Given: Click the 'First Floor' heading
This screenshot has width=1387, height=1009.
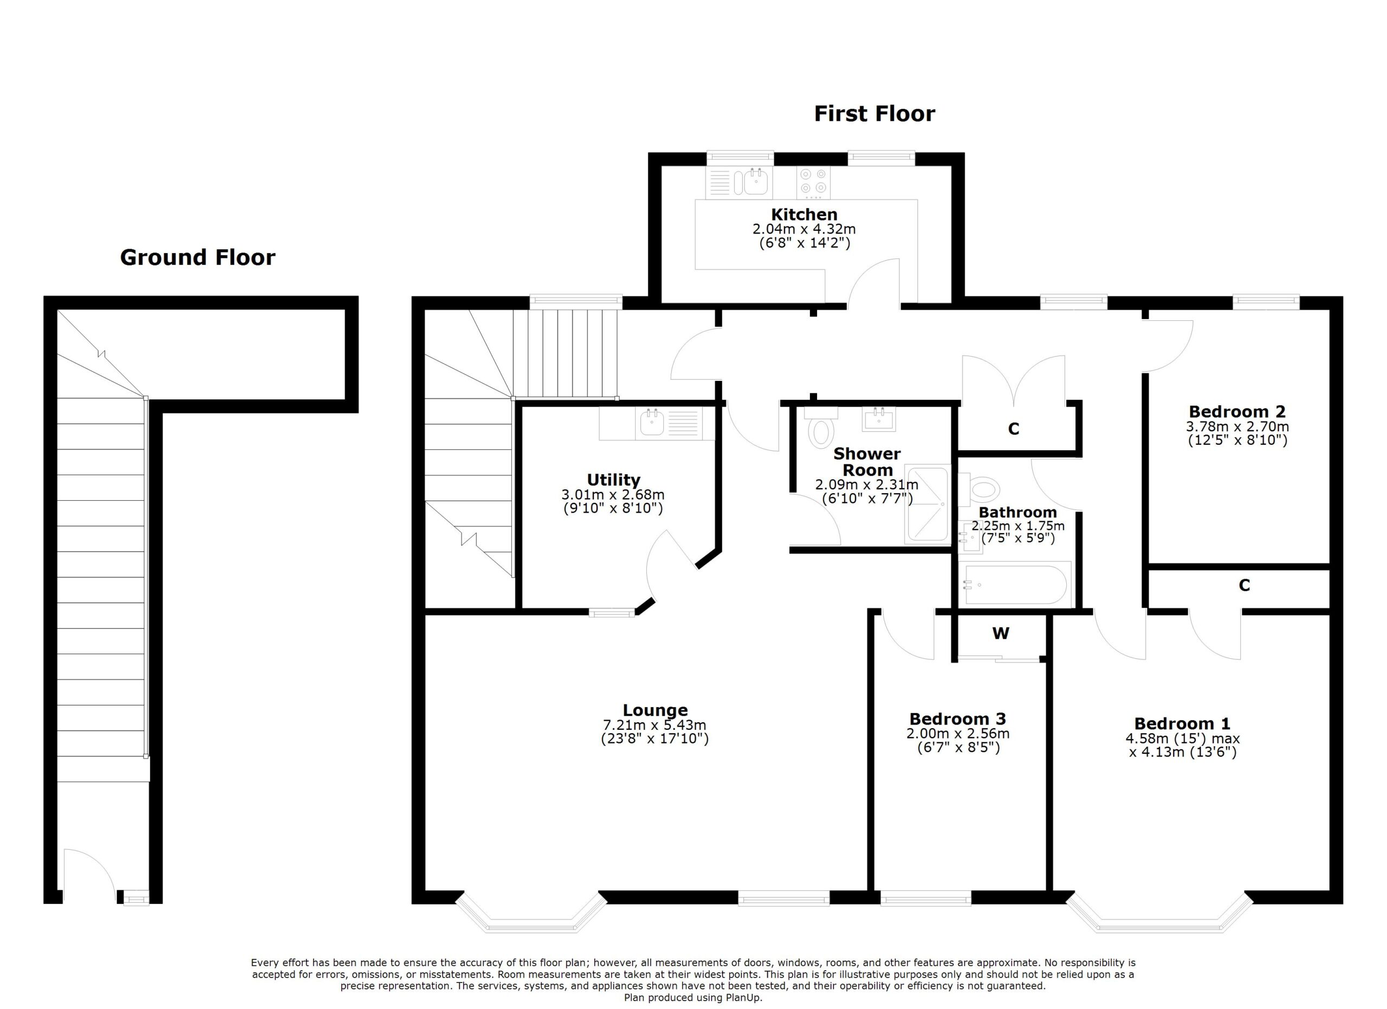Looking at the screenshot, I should click(874, 114).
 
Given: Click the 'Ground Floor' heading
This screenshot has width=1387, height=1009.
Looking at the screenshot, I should click(198, 257).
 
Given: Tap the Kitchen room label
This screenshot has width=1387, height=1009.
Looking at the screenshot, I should click(803, 215).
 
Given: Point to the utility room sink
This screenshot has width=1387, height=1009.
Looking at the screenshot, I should click(652, 423).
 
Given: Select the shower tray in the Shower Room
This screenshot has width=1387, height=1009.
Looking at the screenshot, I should click(927, 505).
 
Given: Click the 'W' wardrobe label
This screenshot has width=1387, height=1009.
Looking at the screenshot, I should click(1001, 634).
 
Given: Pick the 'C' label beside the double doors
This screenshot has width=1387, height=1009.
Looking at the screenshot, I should click(1013, 429).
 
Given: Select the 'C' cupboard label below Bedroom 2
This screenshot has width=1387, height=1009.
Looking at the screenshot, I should click(1244, 586).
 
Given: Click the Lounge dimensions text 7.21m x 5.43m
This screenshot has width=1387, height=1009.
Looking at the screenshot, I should click(654, 725).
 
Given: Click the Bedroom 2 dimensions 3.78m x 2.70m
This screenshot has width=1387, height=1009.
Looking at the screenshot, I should click(1237, 426).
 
